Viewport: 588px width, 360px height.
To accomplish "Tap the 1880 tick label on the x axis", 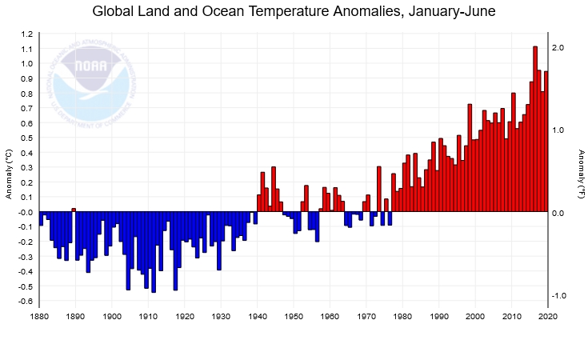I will (x=39, y=317).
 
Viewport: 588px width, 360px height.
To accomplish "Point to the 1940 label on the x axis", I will (x=258, y=317).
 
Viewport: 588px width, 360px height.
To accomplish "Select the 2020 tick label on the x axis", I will (x=548, y=317).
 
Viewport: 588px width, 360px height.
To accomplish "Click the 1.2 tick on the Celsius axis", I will (x=27, y=34).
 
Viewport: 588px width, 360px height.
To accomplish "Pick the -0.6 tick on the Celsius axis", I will (x=26, y=302).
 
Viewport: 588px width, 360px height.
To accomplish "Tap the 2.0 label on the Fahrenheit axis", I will (x=559, y=48).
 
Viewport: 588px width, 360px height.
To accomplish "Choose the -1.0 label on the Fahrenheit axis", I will (x=558, y=296).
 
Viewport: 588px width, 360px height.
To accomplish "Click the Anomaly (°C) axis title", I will (x=9, y=174).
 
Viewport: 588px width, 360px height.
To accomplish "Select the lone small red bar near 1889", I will (x=74, y=210).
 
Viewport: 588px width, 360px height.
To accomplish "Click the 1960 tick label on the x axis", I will (x=330, y=317).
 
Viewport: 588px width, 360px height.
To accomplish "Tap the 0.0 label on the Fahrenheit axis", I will (x=559, y=213).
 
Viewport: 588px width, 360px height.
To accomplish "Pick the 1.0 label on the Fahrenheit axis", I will (x=559, y=130).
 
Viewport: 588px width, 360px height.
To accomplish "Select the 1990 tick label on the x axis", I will (x=439, y=317).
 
